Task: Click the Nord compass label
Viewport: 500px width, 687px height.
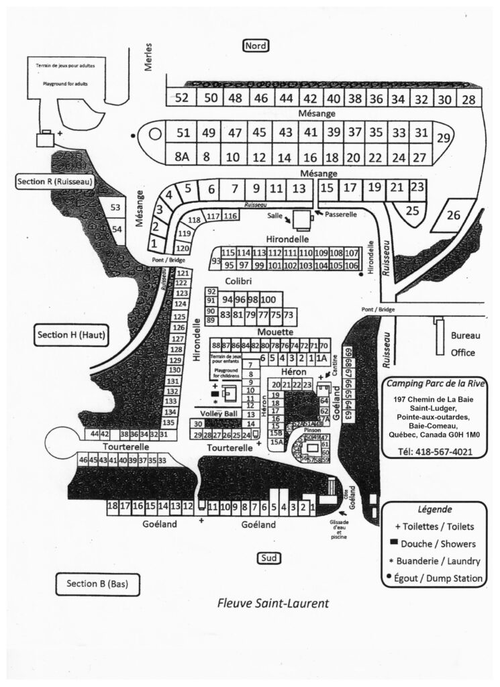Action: (256, 46)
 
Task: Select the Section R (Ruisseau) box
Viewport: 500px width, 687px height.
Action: (54, 182)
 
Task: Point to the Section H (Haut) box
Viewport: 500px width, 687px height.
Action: (72, 335)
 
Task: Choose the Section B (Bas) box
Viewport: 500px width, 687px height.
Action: (97, 584)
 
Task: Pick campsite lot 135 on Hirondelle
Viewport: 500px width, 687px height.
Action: (169, 423)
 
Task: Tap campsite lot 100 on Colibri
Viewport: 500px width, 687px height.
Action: (268, 299)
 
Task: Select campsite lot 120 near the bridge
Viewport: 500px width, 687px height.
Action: (183, 249)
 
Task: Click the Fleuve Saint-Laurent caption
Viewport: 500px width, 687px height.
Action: (272, 603)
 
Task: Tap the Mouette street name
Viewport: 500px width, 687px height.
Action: (273, 332)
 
